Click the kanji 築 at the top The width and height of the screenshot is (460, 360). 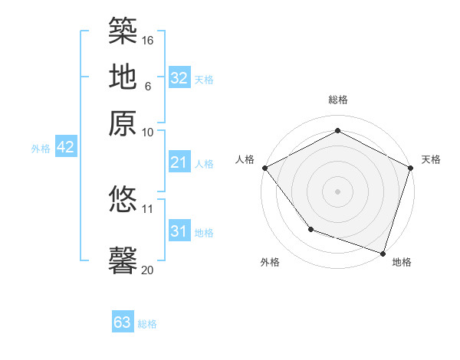(123, 31)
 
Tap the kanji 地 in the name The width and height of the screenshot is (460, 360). (123, 76)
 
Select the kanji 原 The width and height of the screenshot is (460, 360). (123, 122)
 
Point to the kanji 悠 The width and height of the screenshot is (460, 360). (123, 199)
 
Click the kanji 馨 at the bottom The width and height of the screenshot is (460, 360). (123, 260)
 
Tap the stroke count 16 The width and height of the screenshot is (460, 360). (149, 39)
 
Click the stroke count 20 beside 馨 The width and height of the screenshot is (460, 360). (148, 269)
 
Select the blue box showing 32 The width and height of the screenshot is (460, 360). (179, 78)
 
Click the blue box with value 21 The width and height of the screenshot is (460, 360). (179, 162)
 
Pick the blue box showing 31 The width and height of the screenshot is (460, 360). (179, 231)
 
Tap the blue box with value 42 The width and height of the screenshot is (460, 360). (66, 148)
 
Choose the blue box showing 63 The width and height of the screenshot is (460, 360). (123, 322)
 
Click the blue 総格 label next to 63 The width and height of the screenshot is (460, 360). (147, 324)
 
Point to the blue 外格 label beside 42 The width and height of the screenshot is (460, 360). (41, 149)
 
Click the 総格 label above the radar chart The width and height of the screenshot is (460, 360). (337, 100)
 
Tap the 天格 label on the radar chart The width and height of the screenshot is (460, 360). (431, 159)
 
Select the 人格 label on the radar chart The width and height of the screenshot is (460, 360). (245, 159)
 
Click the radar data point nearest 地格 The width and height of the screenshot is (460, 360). (383, 253)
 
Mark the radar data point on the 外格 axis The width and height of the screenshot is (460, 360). (310, 228)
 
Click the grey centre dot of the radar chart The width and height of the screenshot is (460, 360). (337, 191)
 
